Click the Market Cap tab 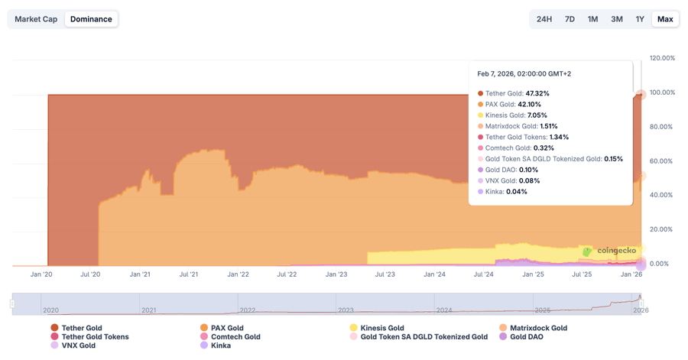click(36, 19)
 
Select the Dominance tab click(91, 19)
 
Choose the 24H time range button click(544, 19)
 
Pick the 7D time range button click(570, 19)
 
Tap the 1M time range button click(592, 19)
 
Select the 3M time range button click(617, 19)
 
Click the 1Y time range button click(640, 19)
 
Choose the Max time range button click(665, 19)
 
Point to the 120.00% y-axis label click(662, 58)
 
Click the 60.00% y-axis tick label click(662, 161)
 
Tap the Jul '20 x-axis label click(90, 274)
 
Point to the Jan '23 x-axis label click(336, 274)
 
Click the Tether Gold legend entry click(82, 328)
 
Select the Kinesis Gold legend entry click(382, 328)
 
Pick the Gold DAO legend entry click(527, 336)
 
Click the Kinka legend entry click(220, 345)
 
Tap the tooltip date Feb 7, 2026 click(524, 74)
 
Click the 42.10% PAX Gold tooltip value click(529, 105)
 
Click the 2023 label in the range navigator click(346, 310)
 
